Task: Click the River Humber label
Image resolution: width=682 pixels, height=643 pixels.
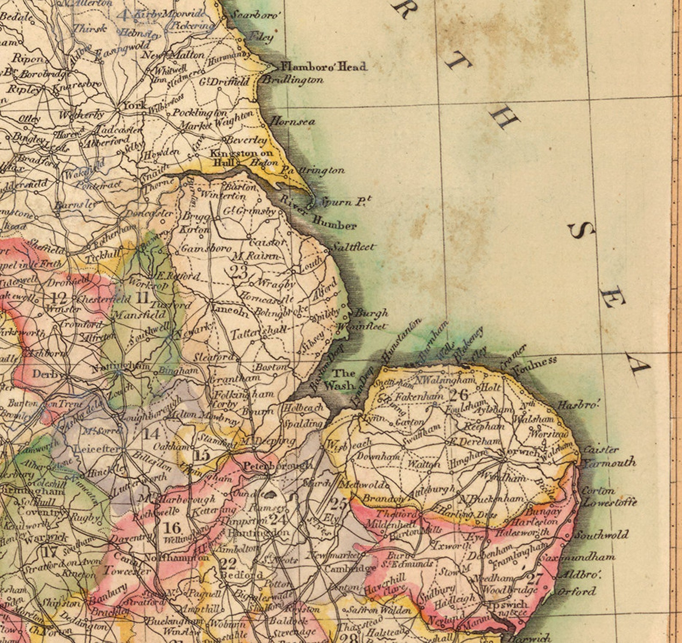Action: (318, 213)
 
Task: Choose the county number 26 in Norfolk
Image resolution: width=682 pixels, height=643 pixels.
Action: (458, 394)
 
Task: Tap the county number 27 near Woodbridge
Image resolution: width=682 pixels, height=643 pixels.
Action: (535, 579)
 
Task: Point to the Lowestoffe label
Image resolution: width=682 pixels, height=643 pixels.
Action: (609, 503)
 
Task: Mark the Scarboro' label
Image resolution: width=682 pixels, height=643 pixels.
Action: (256, 15)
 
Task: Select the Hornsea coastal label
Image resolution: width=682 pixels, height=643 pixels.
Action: (292, 122)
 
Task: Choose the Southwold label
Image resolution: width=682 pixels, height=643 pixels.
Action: (601, 535)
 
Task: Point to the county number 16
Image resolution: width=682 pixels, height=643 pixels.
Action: (172, 527)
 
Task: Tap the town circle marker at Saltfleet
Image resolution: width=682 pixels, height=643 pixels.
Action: (328, 249)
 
